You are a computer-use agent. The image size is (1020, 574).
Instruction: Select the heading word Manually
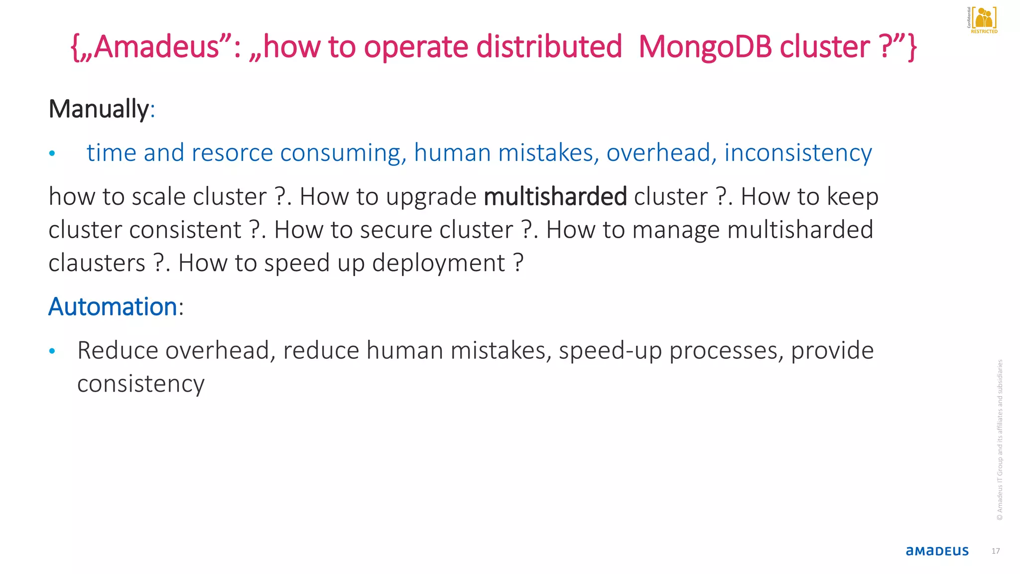tap(99, 109)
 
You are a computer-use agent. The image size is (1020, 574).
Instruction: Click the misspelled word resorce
tap(232, 152)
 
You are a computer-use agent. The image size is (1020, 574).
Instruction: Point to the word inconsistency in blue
tap(798, 152)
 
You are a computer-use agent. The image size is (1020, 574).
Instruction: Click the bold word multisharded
tap(555, 196)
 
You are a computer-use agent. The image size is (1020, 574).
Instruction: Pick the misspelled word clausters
tap(97, 263)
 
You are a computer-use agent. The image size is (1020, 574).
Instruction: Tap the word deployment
tap(438, 263)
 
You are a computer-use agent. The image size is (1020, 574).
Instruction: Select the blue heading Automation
tap(113, 306)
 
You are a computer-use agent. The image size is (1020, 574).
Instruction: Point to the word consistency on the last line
tap(141, 384)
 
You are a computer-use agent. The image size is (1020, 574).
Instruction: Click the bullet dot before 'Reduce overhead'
tap(52, 351)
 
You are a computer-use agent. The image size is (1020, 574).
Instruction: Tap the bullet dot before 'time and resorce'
tap(52, 153)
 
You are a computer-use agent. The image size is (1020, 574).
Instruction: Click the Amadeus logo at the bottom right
tap(937, 551)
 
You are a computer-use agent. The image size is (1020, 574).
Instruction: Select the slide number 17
tap(995, 551)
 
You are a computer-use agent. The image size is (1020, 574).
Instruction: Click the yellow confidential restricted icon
tap(983, 20)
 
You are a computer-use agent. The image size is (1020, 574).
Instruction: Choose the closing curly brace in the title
tap(911, 47)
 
